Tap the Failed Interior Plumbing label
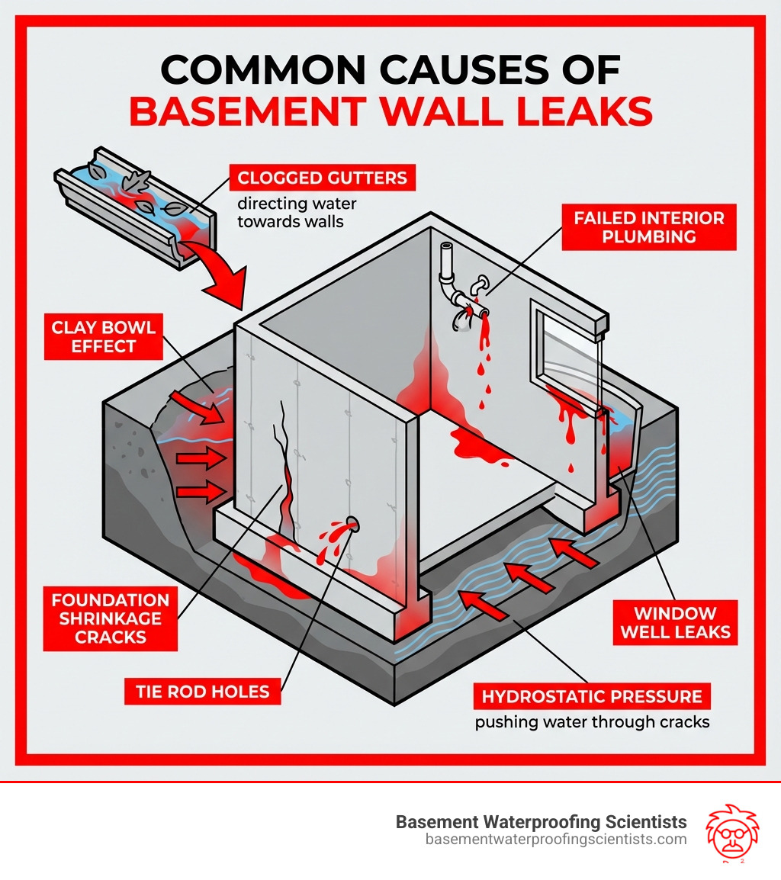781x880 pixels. click(648, 226)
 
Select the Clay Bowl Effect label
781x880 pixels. click(103, 337)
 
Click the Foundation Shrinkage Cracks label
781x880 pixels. click(110, 618)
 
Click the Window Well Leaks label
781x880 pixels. click(675, 622)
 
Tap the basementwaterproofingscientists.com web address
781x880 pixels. click(555, 840)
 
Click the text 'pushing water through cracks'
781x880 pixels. click(592, 721)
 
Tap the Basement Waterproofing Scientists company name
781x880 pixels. click(541, 822)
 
